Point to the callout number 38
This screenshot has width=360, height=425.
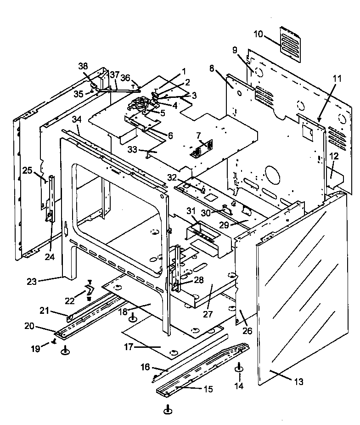pos(83,66)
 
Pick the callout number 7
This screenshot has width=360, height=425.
pos(198,136)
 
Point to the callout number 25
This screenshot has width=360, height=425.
pos(28,171)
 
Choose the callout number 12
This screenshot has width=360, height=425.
pos(334,157)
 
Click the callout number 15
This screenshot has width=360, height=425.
pos(208,389)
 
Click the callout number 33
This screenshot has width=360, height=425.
pos(132,149)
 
